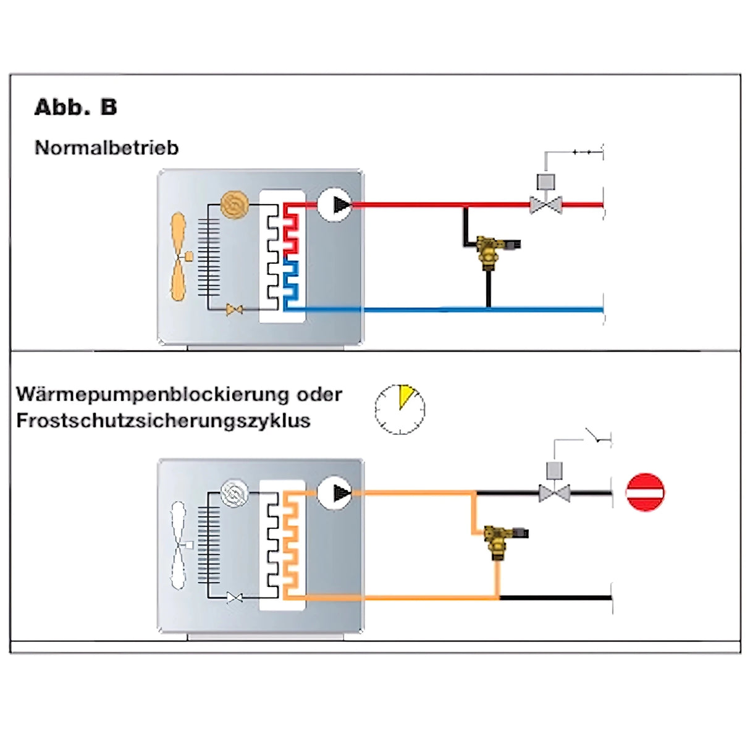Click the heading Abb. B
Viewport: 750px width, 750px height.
click(75, 107)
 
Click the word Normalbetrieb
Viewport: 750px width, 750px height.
click(106, 148)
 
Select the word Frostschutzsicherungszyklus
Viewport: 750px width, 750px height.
click(163, 421)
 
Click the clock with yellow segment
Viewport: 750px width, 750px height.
click(400, 409)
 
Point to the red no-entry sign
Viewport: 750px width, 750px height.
click(645, 492)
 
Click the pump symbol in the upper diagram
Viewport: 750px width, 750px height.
click(335, 204)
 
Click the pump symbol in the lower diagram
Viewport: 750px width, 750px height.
click(335, 492)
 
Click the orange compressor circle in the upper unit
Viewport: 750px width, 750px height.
click(235, 204)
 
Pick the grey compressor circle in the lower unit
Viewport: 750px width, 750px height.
click(235, 493)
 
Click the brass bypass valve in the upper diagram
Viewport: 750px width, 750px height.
click(491, 249)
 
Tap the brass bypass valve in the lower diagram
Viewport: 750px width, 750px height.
click(498, 539)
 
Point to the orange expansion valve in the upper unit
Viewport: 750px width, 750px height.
click(234, 310)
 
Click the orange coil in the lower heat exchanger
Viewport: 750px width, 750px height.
click(291, 544)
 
